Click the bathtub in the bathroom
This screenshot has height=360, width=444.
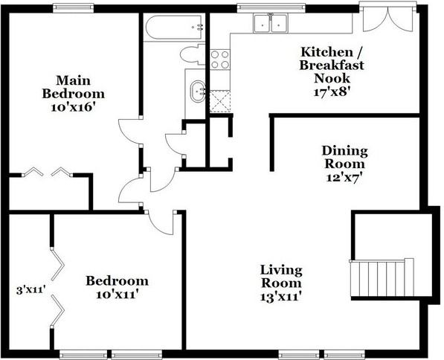click(x=173, y=28)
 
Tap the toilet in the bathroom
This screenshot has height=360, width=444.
click(x=193, y=54)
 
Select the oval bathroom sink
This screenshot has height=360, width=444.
click(x=198, y=91)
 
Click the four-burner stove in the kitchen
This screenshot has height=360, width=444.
click(x=220, y=60)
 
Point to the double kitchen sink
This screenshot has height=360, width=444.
click(x=271, y=24)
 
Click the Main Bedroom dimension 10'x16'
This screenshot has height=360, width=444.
click(x=72, y=107)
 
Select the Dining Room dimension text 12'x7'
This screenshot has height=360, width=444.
click(x=344, y=178)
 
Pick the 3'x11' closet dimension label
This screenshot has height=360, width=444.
click(x=31, y=290)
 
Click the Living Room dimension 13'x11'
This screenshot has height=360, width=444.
click(x=280, y=297)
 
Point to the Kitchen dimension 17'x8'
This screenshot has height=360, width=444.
click(x=330, y=91)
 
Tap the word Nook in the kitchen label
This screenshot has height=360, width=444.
click(x=332, y=78)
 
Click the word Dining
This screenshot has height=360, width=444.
click(x=344, y=151)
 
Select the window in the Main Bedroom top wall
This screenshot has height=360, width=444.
click(x=74, y=7)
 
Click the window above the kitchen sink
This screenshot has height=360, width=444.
click(x=271, y=7)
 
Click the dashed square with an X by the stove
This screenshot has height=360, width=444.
click(x=220, y=101)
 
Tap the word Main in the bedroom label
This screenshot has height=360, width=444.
click(x=73, y=80)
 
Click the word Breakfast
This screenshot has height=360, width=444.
click(x=331, y=65)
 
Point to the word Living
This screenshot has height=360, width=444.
click(x=281, y=270)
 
